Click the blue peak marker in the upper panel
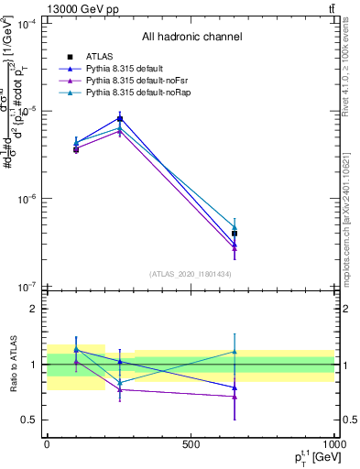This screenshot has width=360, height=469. click(x=120, y=118)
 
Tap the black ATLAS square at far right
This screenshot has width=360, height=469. click(x=235, y=234)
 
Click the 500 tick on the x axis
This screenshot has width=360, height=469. click(x=191, y=443)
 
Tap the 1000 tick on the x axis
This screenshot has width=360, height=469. click(x=333, y=443)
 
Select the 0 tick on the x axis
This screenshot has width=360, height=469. click(x=47, y=443)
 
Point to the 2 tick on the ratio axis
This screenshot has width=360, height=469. click(x=32, y=309)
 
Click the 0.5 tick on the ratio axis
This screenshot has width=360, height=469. click(x=28, y=420)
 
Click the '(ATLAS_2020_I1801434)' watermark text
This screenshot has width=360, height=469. click(x=191, y=275)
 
